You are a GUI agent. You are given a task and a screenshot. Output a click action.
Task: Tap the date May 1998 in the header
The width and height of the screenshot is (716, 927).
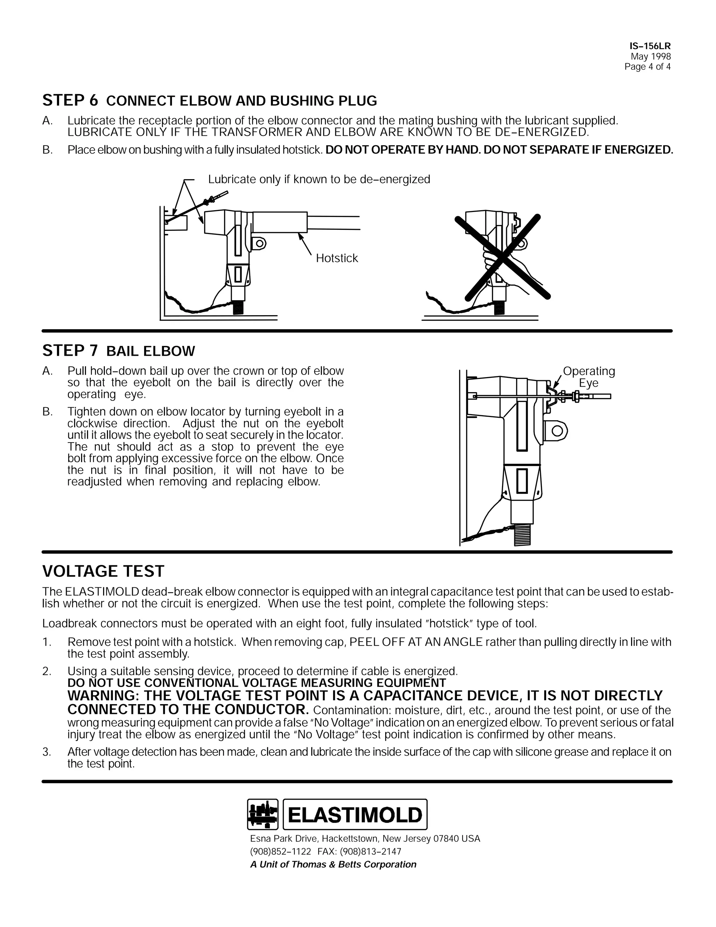(650, 56)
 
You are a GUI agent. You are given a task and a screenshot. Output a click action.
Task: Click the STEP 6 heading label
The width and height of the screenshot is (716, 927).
(70, 101)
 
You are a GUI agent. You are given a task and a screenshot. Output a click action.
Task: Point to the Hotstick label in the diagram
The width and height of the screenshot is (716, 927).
(337, 258)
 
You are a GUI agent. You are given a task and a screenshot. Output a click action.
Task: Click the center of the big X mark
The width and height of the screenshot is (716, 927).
(503, 257)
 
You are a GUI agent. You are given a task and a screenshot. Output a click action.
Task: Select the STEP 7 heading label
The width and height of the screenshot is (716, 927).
(70, 351)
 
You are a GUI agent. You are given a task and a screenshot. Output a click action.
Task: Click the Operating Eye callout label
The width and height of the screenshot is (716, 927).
(589, 377)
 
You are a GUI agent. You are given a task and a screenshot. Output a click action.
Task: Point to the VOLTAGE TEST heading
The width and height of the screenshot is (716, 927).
(103, 571)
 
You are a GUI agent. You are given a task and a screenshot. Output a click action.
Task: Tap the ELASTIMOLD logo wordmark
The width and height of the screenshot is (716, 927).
(355, 814)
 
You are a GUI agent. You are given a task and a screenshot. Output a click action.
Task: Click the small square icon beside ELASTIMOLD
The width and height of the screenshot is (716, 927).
(263, 814)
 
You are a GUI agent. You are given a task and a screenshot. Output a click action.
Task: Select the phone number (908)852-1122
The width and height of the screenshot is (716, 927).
(280, 851)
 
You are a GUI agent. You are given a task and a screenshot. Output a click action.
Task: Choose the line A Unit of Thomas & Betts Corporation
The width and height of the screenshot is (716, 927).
(333, 865)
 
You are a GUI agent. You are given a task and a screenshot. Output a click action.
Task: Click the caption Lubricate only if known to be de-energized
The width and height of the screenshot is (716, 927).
(319, 179)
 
